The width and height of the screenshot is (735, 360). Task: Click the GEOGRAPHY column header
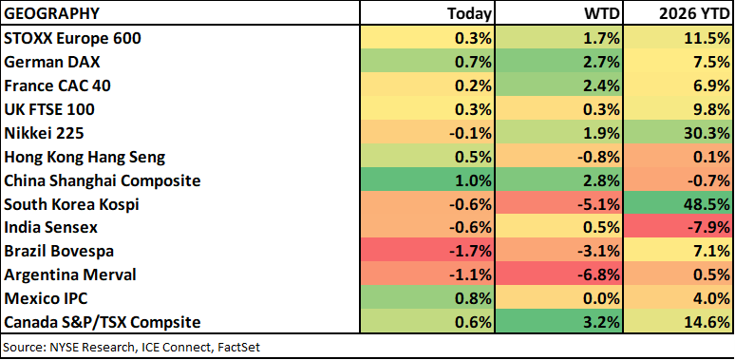pyautogui.click(x=51, y=13)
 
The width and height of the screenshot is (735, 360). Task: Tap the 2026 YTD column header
pyautogui.click(x=692, y=13)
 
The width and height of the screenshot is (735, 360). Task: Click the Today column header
pyautogui.click(x=469, y=13)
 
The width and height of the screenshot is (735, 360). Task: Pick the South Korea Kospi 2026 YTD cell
pyautogui.click(x=677, y=204)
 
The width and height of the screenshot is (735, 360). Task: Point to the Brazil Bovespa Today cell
pyautogui.click(x=427, y=252)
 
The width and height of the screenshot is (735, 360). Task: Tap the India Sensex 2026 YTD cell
pyautogui.click(x=677, y=227)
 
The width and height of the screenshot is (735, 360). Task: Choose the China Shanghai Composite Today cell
pyautogui.click(x=427, y=180)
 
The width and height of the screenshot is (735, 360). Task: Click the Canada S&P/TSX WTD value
pyautogui.click(x=602, y=322)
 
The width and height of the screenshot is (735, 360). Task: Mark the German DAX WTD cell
pyautogui.click(x=558, y=63)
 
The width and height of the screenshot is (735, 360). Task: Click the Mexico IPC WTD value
pyautogui.click(x=602, y=298)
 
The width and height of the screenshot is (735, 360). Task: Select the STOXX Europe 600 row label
pyautogui.click(x=72, y=38)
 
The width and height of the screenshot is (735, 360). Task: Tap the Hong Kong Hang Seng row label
pyautogui.click(x=85, y=157)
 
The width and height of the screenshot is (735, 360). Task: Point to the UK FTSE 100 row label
pyautogui.click(x=49, y=109)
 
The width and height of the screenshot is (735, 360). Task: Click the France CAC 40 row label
pyautogui.click(x=57, y=85)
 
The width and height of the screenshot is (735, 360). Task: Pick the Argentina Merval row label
pyautogui.click(x=70, y=275)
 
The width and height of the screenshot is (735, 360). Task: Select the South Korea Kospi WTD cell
pyautogui.click(x=558, y=204)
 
